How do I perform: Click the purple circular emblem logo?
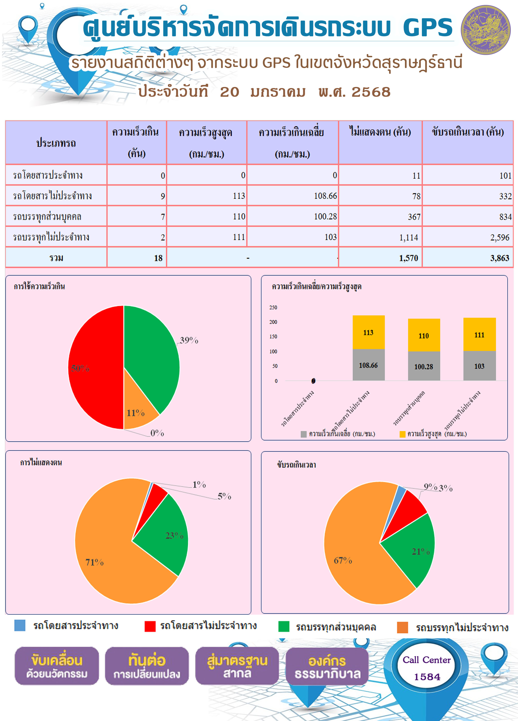click(x=486, y=30)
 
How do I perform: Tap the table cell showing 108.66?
click(x=293, y=196)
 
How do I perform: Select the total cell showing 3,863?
click(x=468, y=258)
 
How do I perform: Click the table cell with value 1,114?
click(x=380, y=237)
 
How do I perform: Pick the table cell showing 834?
click(x=468, y=216)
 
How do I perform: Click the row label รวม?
click(x=56, y=258)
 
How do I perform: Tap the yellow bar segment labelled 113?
click(x=369, y=332)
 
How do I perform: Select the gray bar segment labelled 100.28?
click(x=424, y=366)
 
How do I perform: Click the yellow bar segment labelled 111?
click(x=479, y=334)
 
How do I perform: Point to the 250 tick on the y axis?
click(x=273, y=307)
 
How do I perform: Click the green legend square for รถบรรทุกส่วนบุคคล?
click(x=284, y=627)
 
